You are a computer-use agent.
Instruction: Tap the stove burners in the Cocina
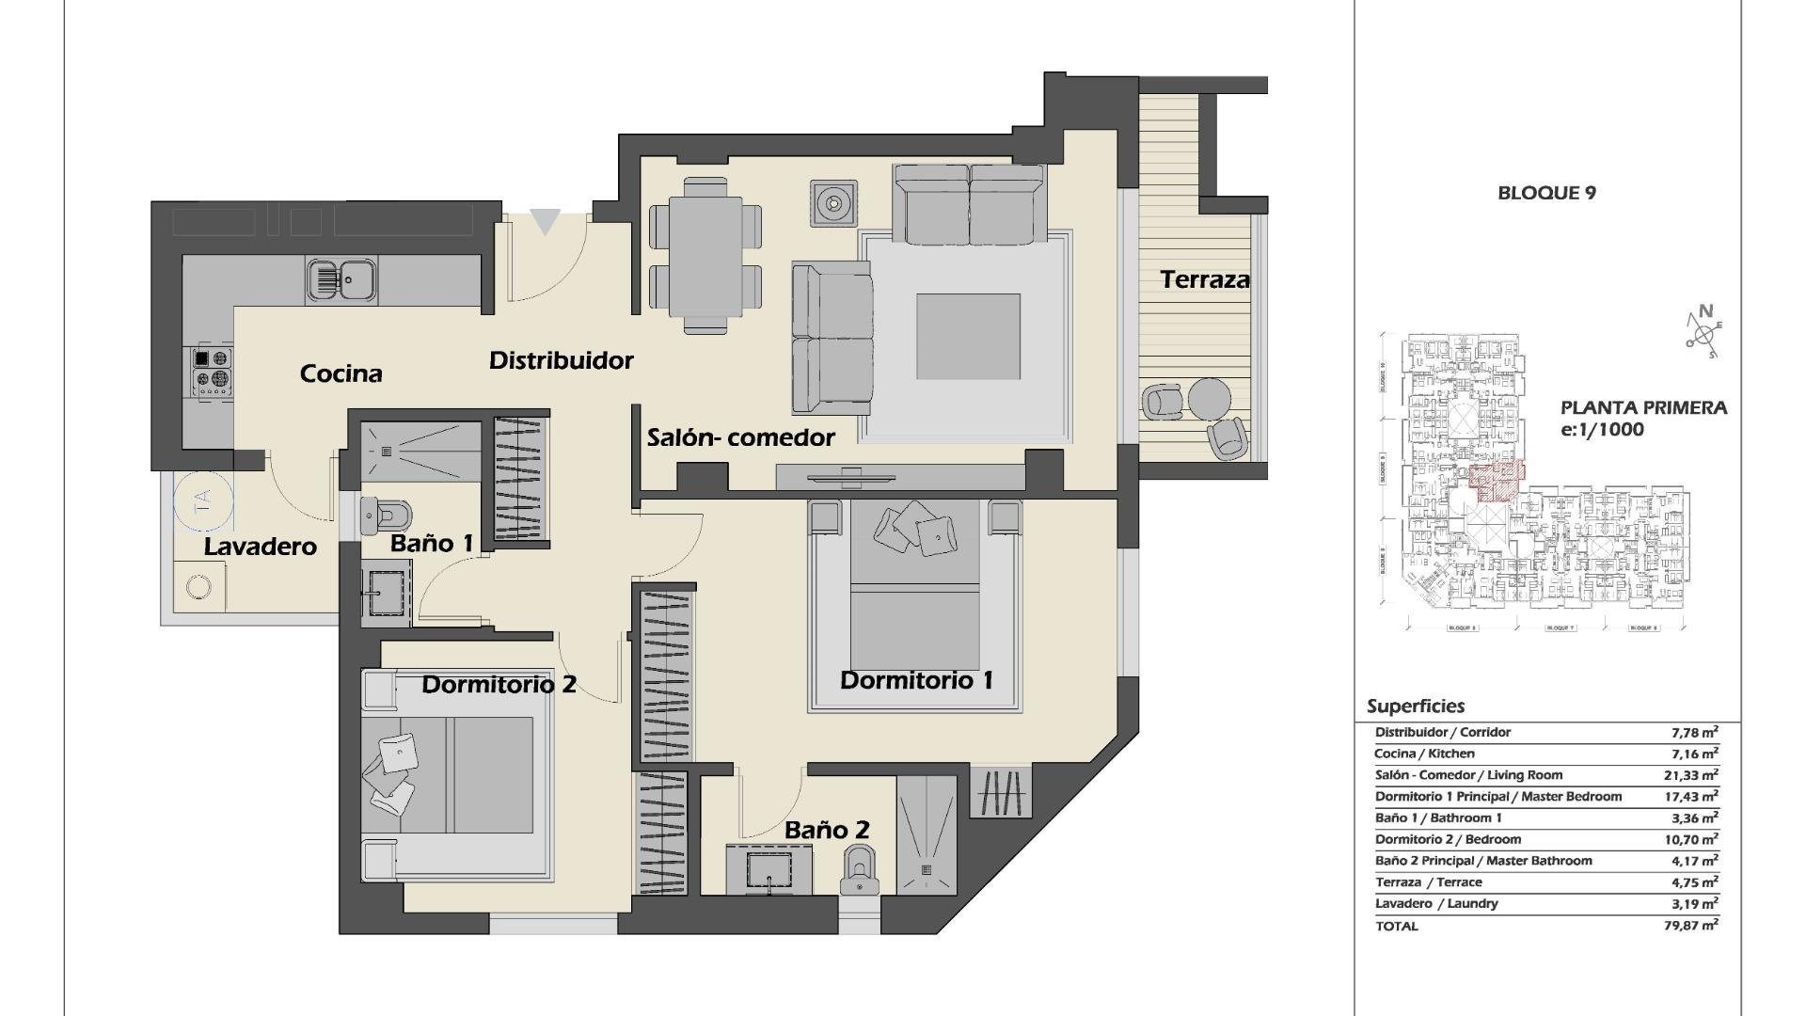coord(212,370)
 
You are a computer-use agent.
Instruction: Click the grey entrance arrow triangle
coord(545,222)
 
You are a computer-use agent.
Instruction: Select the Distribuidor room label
coord(561,360)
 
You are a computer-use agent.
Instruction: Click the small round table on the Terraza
coord(1209,398)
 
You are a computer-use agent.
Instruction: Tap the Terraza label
coord(1204,279)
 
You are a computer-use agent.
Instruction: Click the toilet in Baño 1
coord(388,514)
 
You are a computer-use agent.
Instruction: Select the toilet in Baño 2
coord(859,869)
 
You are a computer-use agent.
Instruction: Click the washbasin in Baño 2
coord(769,869)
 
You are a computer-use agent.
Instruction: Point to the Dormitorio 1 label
coord(915,680)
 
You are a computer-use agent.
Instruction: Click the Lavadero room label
coord(260,547)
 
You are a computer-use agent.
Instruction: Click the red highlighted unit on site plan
coord(1496,480)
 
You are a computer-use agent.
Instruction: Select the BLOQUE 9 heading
coord(1546,193)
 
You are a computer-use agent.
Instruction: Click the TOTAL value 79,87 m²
coord(1691,926)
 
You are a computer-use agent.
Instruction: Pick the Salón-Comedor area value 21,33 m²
coord(1691,775)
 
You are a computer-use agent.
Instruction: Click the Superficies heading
coord(1415,706)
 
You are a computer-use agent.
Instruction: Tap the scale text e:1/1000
coord(1602,430)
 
